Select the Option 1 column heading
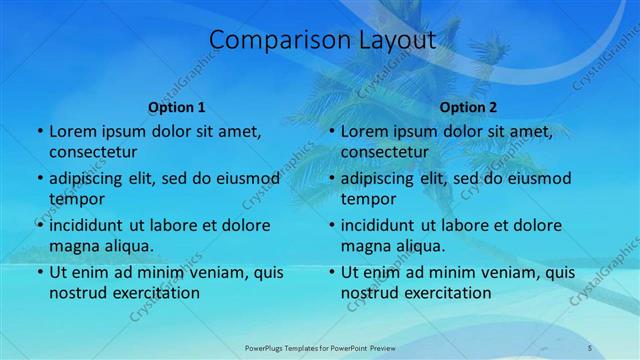[177, 107]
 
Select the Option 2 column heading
[468, 107]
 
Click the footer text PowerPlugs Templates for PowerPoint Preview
[319, 347]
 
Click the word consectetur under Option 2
[384, 152]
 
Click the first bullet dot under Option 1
[39, 132]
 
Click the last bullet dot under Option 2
[331, 272]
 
